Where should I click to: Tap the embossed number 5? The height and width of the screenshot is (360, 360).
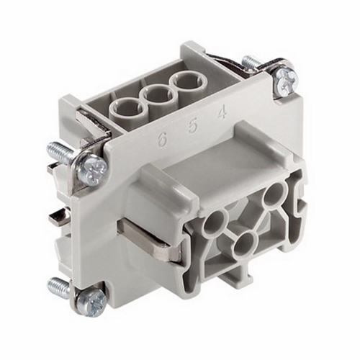coord(193,126)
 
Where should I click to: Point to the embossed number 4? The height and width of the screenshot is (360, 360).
coord(222,112)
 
